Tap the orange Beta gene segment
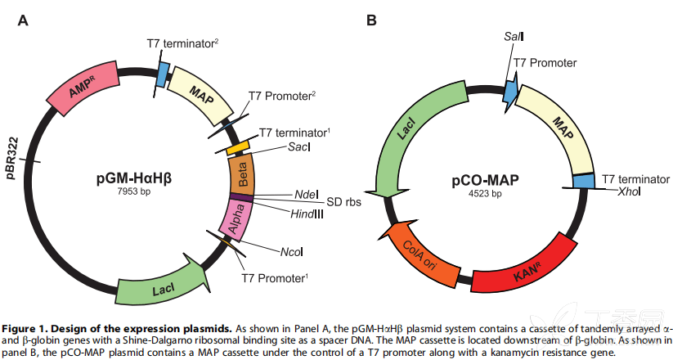point(242,174)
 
